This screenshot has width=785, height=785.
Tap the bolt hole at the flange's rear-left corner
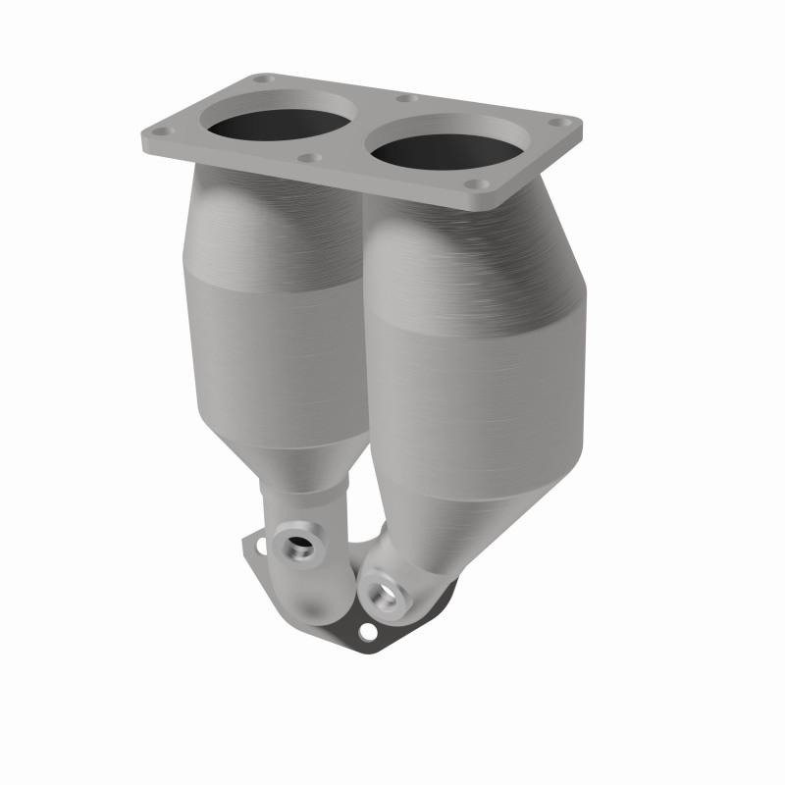coord(261,78)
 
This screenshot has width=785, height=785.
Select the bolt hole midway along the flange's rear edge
coord(404,98)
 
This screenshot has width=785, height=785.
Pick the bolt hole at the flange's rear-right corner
coord(559,123)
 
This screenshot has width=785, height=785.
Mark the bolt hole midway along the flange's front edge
coord(310,157)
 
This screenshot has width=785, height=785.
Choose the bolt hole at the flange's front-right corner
coord(477,183)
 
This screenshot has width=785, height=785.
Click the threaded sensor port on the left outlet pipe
coord(295,545)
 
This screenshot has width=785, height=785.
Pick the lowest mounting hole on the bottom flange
coord(367,634)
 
